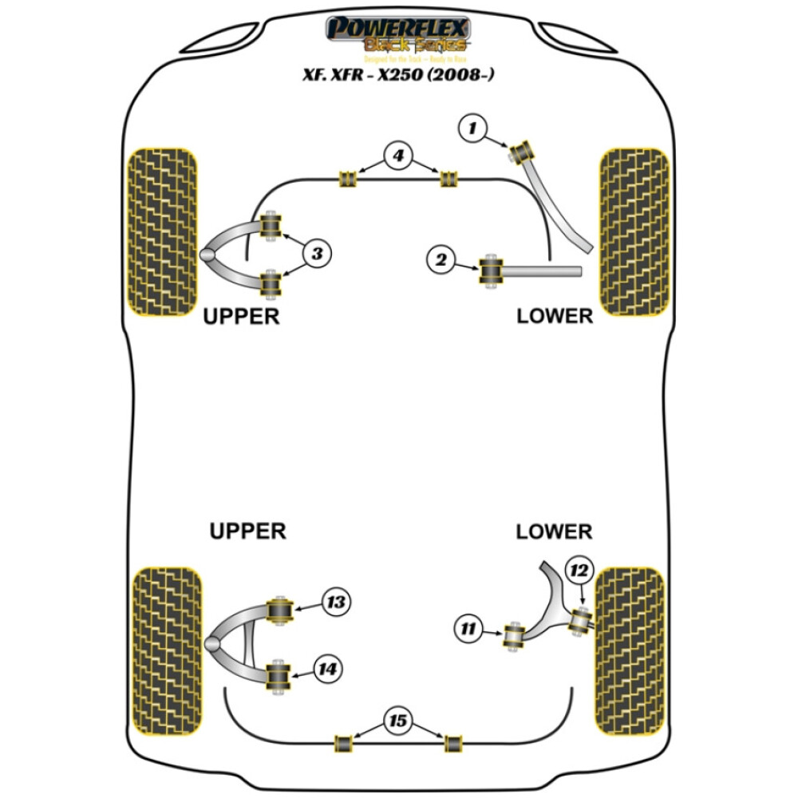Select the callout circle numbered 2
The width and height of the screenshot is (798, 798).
[440, 259]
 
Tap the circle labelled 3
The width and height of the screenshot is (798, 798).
[317, 254]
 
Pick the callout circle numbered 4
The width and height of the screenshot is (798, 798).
[397, 156]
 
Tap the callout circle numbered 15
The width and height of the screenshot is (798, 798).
[397, 722]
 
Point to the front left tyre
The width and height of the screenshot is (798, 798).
[163, 231]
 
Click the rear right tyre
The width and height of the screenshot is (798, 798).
[630, 651]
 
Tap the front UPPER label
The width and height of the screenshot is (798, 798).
[242, 316]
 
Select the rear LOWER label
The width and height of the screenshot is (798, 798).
[554, 531]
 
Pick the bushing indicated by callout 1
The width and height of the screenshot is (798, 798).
[525, 149]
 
